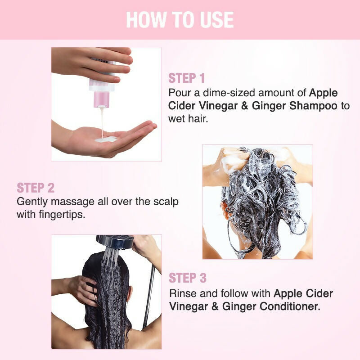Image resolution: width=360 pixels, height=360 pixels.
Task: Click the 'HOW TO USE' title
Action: (180, 20)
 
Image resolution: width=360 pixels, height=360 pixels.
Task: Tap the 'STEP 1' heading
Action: (186, 78)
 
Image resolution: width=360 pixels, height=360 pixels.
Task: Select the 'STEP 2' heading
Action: (36, 188)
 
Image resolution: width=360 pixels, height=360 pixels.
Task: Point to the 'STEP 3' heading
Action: (188, 278)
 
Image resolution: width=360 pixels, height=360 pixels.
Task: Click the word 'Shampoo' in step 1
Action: (313, 106)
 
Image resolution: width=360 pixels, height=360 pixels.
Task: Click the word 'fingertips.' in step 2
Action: (62, 215)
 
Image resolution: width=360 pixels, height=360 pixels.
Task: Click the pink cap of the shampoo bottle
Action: (101, 99)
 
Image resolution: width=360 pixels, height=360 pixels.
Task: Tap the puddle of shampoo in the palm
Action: (106, 139)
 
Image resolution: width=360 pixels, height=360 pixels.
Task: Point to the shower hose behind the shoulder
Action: (148, 296)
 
